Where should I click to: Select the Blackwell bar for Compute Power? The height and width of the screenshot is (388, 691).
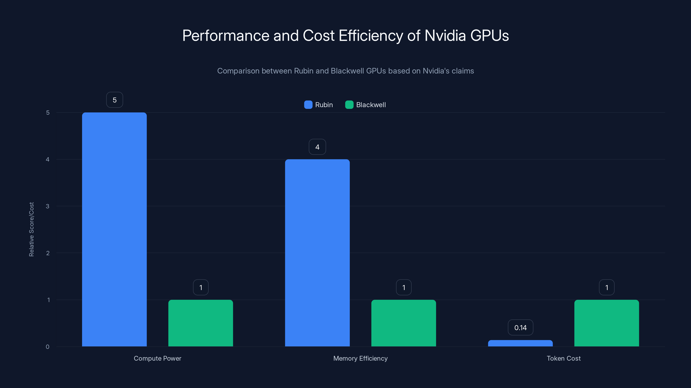201,323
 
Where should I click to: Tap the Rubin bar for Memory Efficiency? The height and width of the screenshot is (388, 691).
317,253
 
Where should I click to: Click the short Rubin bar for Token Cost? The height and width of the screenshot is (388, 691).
520,343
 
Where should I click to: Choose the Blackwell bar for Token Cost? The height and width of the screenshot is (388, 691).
607,323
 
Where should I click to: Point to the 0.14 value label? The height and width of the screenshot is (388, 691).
520,327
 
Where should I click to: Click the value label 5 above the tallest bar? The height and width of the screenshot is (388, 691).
114,100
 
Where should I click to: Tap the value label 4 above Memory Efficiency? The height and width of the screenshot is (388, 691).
317,147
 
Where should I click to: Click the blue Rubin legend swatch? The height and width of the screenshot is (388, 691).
308,105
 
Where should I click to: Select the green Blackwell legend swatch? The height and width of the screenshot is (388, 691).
349,105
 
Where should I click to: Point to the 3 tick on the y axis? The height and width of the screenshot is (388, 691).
48,206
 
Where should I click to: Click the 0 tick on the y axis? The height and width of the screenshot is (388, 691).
48,347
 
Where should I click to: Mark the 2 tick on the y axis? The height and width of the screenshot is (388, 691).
48,253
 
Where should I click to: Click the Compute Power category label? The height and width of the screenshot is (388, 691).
157,358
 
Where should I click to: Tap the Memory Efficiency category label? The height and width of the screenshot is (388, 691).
360,358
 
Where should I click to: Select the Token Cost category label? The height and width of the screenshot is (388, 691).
564,358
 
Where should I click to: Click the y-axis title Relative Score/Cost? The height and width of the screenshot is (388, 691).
31,229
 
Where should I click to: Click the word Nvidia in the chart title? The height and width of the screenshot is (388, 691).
445,36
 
